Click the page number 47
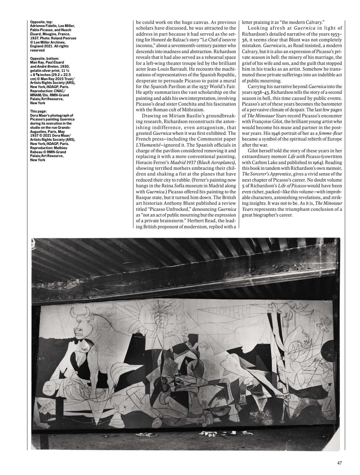click(x=339, y=463)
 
